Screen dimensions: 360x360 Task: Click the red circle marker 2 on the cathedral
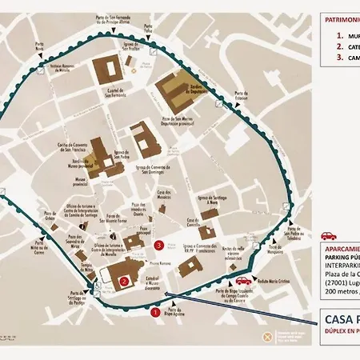tap(124, 281)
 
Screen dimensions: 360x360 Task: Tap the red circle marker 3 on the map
tap(159, 245)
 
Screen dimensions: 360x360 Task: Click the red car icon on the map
tap(242, 281)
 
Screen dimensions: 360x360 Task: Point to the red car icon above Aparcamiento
tap(327, 236)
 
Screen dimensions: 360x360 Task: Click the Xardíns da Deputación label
tap(198, 88)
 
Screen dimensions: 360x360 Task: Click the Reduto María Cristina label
tap(272, 282)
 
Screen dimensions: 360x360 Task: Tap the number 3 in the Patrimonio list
tap(339, 57)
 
